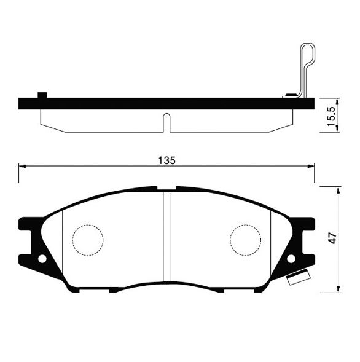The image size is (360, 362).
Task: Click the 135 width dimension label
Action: point(167,160)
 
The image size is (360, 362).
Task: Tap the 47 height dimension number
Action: point(332,238)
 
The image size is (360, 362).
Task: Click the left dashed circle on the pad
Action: point(88,240)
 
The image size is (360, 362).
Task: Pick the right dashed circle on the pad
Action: point(246,240)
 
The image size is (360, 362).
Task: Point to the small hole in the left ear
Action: point(42,259)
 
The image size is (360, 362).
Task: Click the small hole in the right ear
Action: point(291,259)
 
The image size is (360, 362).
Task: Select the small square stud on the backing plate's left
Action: point(42,95)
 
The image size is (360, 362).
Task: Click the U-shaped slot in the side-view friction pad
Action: point(166,123)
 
